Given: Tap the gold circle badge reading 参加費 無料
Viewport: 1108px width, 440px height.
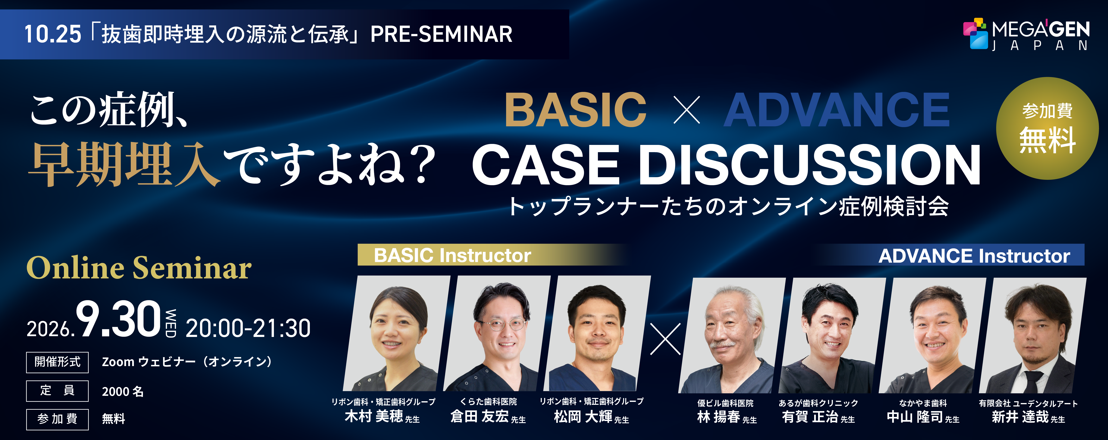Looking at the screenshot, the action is pyautogui.click(x=1047, y=128).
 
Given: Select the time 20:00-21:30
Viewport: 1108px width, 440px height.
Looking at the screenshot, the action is pyautogui.click(x=248, y=328).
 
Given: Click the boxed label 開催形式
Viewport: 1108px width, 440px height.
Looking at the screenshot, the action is pyautogui.click(x=57, y=362).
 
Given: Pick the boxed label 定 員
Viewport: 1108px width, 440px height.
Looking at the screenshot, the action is pyautogui.click(x=57, y=391).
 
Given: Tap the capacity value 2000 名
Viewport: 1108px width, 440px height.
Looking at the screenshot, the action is pyautogui.click(x=123, y=391).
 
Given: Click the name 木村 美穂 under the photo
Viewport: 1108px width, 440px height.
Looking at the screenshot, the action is pyautogui.click(x=374, y=416).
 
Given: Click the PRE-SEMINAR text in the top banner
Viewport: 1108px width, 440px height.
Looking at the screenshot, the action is pyautogui.click(x=441, y=34).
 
